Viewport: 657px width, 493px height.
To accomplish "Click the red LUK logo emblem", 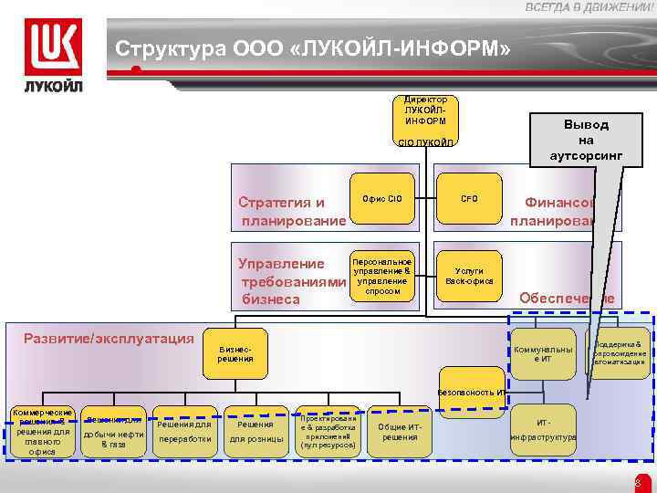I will [x=52, y=46].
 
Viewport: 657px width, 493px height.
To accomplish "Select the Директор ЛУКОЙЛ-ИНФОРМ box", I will [x=425, y=110].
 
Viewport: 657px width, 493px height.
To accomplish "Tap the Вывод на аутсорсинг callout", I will [x=586, y=139].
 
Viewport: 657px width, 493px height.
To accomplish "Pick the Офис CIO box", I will [x=381, y=198].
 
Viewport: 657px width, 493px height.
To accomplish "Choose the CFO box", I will [x=469, y=198].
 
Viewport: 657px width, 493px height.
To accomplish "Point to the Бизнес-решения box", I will [x=235, y=354].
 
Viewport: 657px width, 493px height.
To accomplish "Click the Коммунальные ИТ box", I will [x=543, y=354].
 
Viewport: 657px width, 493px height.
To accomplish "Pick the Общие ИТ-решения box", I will [x=400, y=431].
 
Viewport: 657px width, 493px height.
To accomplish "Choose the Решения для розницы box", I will [x=255, y=431].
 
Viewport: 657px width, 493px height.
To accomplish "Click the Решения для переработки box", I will [x=184, y=431].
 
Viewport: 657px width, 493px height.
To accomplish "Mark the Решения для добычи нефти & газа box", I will [x=113, y=431].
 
